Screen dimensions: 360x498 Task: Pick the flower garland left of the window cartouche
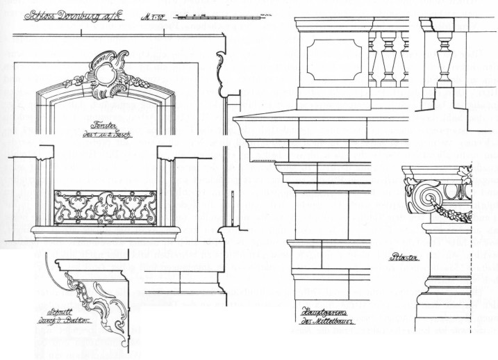click(74, 83)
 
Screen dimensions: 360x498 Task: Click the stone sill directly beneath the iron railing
click(105, 231)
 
